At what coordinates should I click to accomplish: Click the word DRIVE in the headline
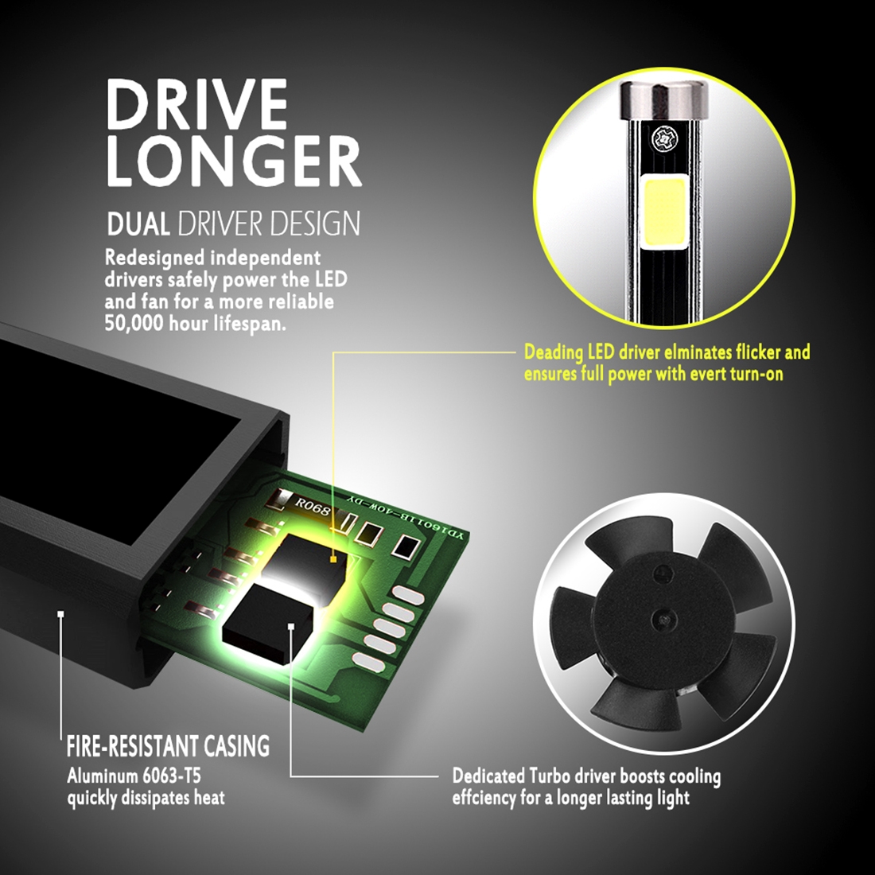[197, 103]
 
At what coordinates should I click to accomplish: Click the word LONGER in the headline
[235, 161]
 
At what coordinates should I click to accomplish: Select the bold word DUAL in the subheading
[138, 224]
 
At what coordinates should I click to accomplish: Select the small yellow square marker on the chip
[333, 558]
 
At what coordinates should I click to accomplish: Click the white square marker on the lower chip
[290, 626]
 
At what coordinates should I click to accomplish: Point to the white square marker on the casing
[60, 614]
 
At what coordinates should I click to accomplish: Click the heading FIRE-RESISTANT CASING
[168, 746]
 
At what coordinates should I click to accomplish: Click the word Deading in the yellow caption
[554, 353]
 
